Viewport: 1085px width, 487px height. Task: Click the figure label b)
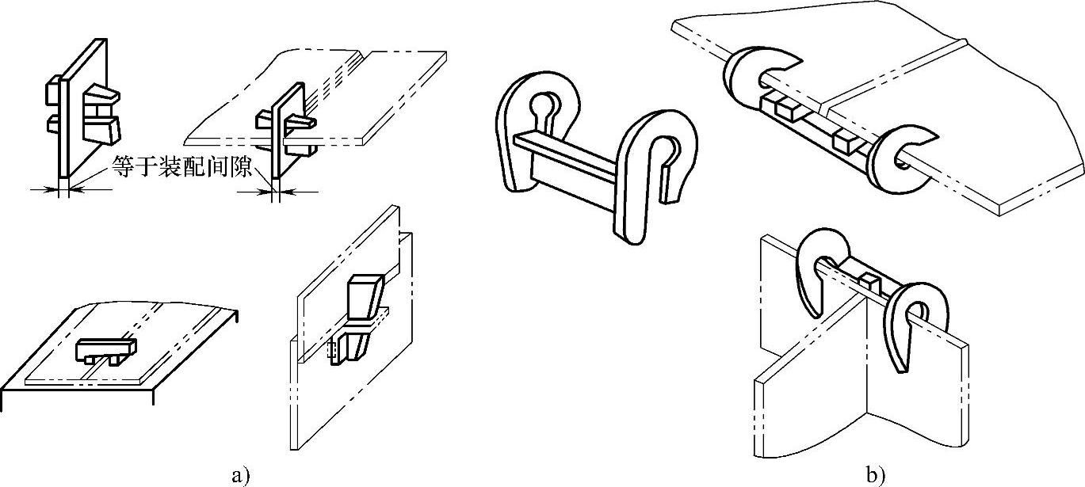(x=875, y=476)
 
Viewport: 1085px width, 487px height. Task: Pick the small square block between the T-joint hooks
(x=869, y=280)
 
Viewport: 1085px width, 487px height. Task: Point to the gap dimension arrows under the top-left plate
(x=63, y=189)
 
